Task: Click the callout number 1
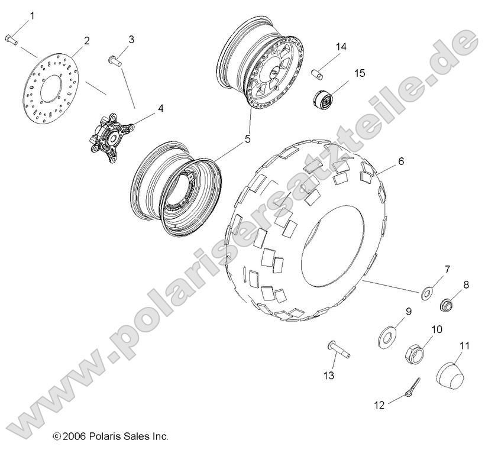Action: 32,15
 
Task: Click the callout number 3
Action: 131,40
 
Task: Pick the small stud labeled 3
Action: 114,59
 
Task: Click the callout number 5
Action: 248,140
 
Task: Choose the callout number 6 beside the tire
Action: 401,161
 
